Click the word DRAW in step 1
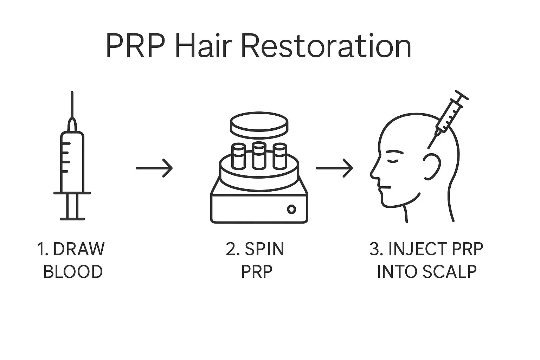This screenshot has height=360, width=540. [x=79, y=249]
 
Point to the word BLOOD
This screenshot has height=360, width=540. [x=73, y=272]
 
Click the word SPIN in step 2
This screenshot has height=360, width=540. [x=264, y=249]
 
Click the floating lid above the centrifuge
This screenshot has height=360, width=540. [x=259, y=126]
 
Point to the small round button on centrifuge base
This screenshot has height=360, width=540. [x=291, y=209]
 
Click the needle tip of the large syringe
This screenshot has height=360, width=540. [x=72, y=94]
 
